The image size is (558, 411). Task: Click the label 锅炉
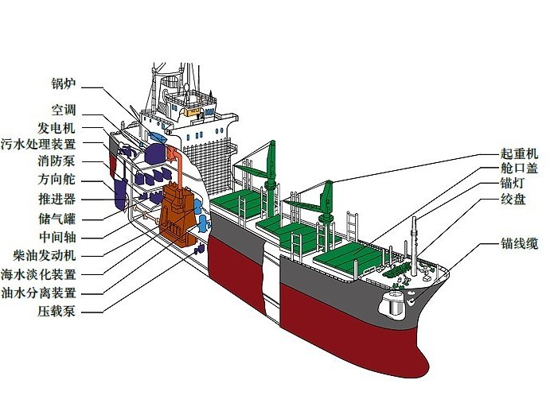(64, 83)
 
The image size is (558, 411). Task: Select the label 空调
(64, 110)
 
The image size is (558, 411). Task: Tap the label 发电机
(57, 128)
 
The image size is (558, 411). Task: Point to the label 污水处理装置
(38, 144)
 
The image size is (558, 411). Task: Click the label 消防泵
(57, 161)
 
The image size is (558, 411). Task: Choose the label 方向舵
(57, 179)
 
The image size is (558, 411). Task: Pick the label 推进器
(57, 199)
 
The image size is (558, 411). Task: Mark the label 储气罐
(57, 219)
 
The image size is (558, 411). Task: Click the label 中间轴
(57, 237)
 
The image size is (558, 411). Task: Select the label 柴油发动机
(45, 255)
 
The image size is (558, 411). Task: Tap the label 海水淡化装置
(38, 274)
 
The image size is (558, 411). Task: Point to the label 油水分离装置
(38, 293)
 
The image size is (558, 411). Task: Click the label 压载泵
(57, 312)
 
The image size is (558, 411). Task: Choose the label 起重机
(519, 153)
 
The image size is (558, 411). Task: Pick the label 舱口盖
(519, 169)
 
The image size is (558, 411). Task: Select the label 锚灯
(513, 183)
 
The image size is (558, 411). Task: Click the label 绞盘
(513, 199)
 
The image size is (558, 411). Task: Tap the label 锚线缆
(519, 244)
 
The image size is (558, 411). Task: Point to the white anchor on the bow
(412, 301)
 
